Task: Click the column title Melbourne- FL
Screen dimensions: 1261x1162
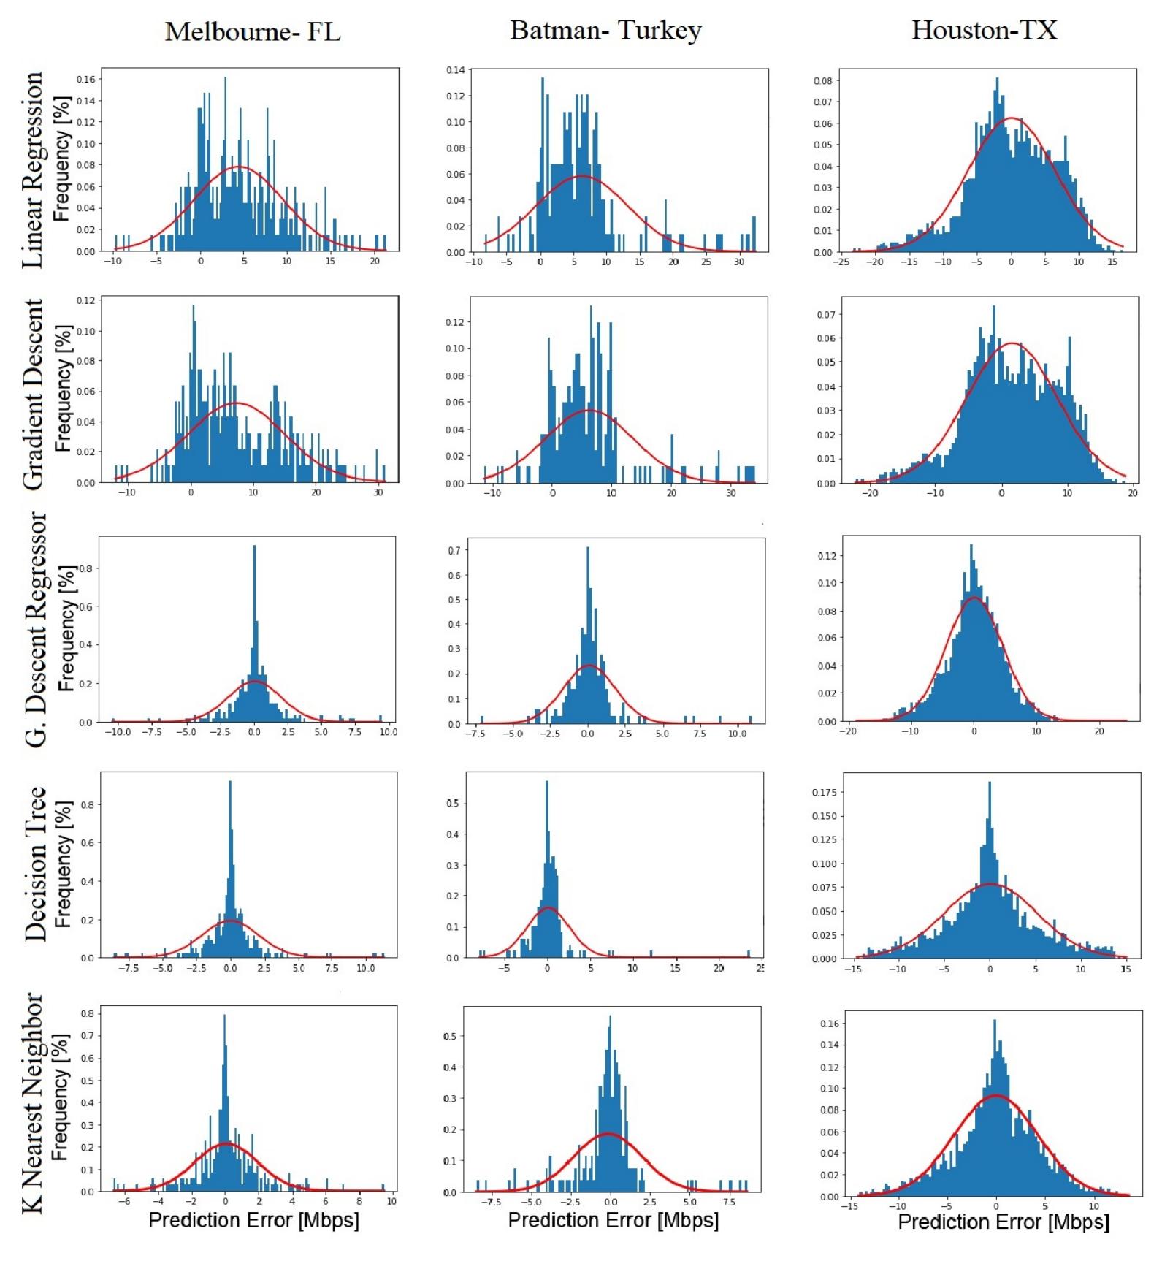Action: pos(252,32)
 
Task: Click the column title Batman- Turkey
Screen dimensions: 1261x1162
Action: pos(605,30)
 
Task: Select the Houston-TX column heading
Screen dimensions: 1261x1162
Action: pos(984,30)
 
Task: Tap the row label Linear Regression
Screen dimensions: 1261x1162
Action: pos(33,169)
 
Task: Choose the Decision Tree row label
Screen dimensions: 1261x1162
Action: pos(34,863)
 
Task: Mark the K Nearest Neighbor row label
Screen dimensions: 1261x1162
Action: pos(33,1102)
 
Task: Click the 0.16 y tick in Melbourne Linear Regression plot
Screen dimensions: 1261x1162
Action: pos(85,79)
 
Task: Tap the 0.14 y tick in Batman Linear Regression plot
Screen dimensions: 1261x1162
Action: pos(455,70)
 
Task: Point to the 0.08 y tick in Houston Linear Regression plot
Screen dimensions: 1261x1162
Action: pos(823,80)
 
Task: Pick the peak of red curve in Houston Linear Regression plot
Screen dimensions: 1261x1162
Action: pos(1011,118)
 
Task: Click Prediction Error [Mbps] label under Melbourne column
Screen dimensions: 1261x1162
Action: pos(253,1219)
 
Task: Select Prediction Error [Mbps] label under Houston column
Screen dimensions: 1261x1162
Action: pos(1003,1222)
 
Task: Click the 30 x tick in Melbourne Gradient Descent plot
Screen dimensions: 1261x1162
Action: pos(378,492)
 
